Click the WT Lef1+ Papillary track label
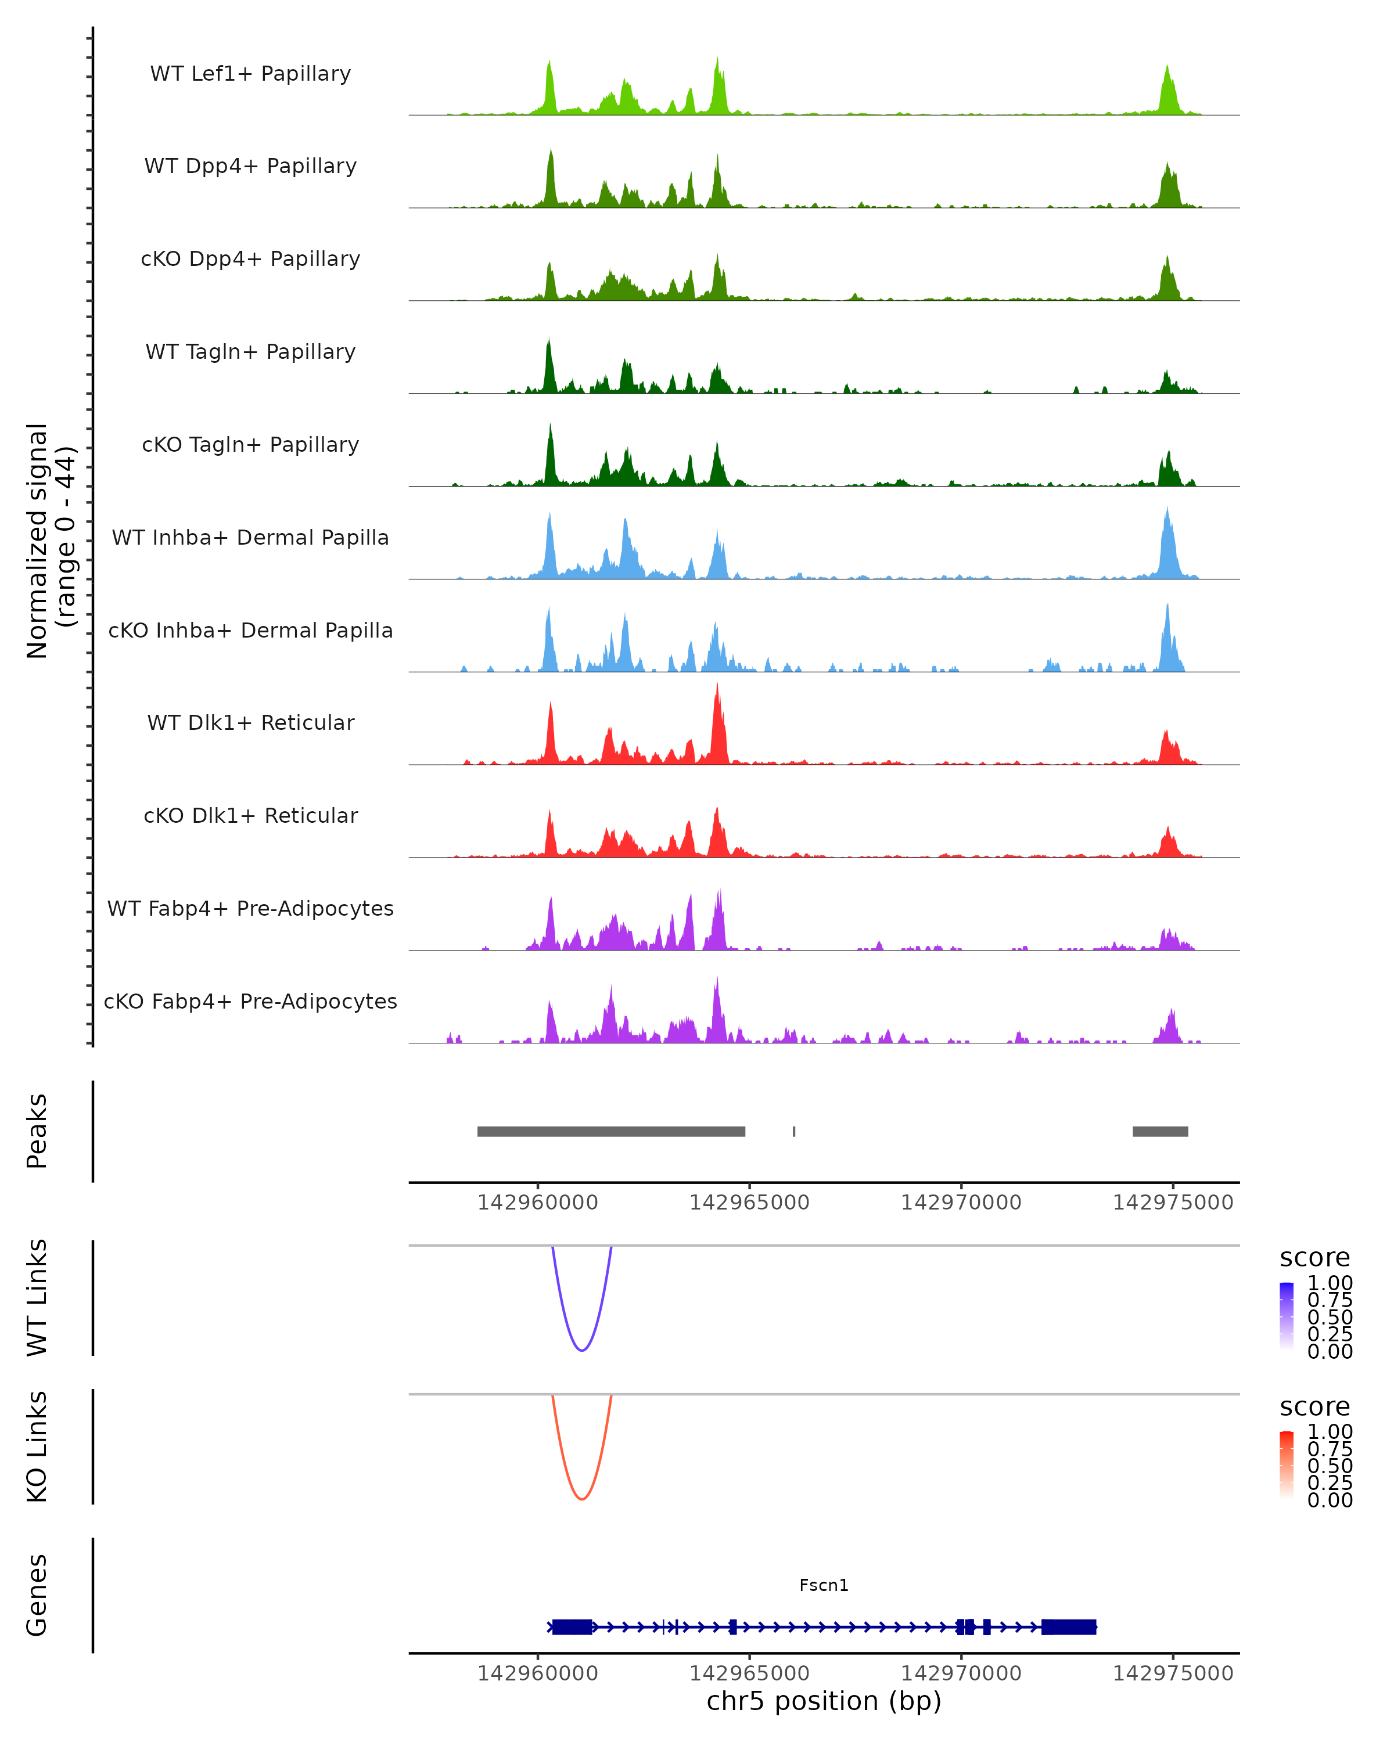click(250, 74)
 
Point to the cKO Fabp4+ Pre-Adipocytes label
click(250, 1001)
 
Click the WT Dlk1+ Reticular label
click(250, 722)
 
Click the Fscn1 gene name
click(824, 1585)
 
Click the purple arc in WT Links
click(582, 1349)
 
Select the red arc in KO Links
click(582, 1498)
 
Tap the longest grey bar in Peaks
click(611, 1131)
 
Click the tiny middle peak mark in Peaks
click(793, 1131)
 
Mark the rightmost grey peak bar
click(1160, 1131)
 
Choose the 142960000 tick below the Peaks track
click(537, 1203)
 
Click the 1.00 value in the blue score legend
click(1330, 1283)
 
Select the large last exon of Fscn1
click(1068, 1626)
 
